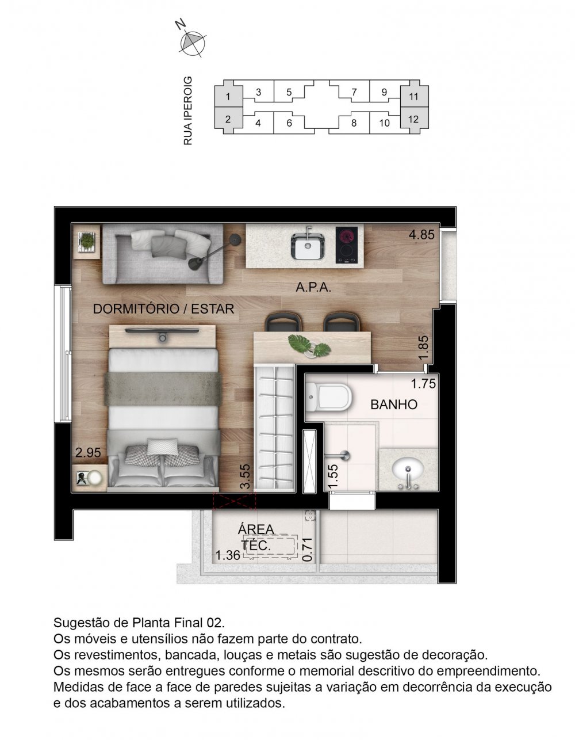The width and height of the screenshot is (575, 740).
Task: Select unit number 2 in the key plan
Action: pyautogui.click(x=228, y=120)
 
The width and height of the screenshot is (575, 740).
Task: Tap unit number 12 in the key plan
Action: pyautogui.click(x=413, y=120)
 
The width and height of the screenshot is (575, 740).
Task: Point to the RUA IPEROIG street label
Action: pyautogui.click(x=187, y=110)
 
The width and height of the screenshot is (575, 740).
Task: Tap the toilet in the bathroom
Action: pyautogui.click(x=328, y=398)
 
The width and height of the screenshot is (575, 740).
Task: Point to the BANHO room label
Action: pyautogui.click(x=394, y=405)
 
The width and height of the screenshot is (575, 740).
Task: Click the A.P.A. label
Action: pyautogui.click(x=313, y=288)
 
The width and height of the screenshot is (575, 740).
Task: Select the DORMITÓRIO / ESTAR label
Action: pyautogui.click(x=164, y=309)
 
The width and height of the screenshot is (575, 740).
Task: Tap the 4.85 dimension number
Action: pyautogui.click(x=421, y=235)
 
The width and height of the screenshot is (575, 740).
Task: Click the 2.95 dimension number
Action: pyautogui.click(x=89, y=453)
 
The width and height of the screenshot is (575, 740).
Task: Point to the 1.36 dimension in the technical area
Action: pyautogui.click(x=227, y=555)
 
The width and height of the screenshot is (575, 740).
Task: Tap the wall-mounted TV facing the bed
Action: pyautogui.click(x=163, y=331)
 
